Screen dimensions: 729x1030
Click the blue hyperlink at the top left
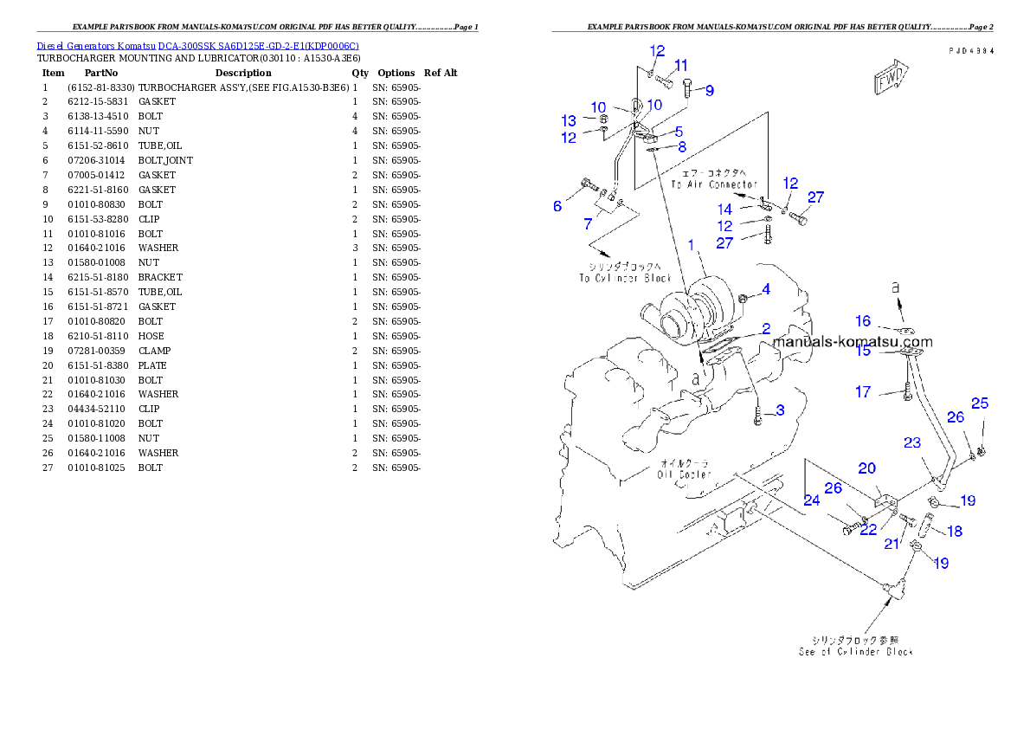coord(197,45)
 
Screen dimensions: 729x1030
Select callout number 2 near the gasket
coord(765,329)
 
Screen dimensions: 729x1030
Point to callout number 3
coord(780,410)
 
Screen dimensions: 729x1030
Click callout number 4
coord(765,288)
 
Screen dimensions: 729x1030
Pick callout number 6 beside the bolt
coord(558,206)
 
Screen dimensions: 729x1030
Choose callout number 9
coord(709,90)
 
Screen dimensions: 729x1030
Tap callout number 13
coord(568,120)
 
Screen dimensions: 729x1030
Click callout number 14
coord(725,209)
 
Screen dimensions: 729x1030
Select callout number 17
coord(863,392)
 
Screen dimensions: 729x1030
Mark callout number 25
coord(979,403)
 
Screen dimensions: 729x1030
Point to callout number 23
coord(912,443)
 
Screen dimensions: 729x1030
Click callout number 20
coord(866,468)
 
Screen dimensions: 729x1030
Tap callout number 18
coord(955,532)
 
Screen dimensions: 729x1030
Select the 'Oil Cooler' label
coord(684,474)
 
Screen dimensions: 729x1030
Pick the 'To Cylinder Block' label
coord(625,278)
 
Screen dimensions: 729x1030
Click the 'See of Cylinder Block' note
coord(855,651)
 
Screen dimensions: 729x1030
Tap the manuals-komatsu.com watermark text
coord(853,341)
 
